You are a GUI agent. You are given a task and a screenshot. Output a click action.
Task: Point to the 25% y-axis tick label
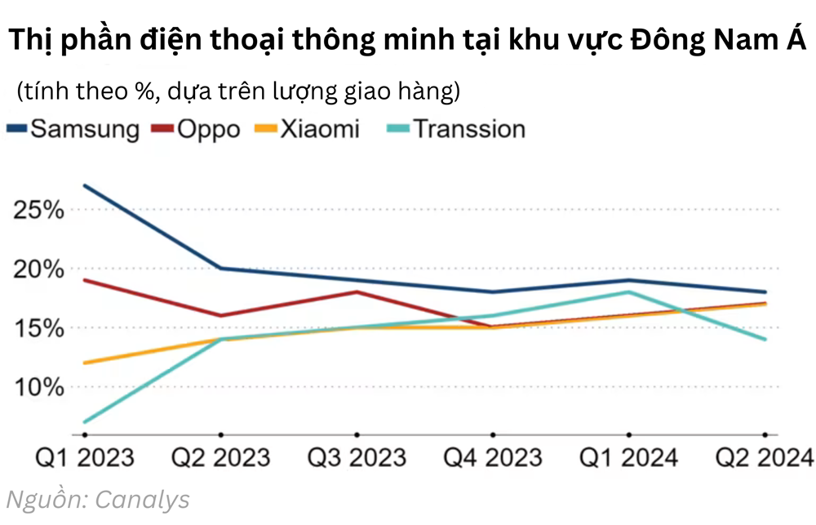click(x=39, y=210)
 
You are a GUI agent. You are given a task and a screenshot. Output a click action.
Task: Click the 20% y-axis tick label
click(x=39, y=269)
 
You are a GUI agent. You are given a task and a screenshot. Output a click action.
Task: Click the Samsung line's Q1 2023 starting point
click(x=85, y=185)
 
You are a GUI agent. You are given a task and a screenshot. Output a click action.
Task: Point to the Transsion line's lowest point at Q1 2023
click(x=85, y=422)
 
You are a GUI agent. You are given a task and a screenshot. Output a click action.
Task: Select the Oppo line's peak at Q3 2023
click(x=357, y=291)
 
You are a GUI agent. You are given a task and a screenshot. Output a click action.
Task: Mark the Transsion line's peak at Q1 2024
click(x=628, y=291)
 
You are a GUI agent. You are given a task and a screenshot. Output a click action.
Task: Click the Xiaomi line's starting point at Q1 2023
click(x=85, y=363)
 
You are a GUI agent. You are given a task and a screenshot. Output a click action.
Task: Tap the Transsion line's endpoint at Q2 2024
click(x=765, y=339)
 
